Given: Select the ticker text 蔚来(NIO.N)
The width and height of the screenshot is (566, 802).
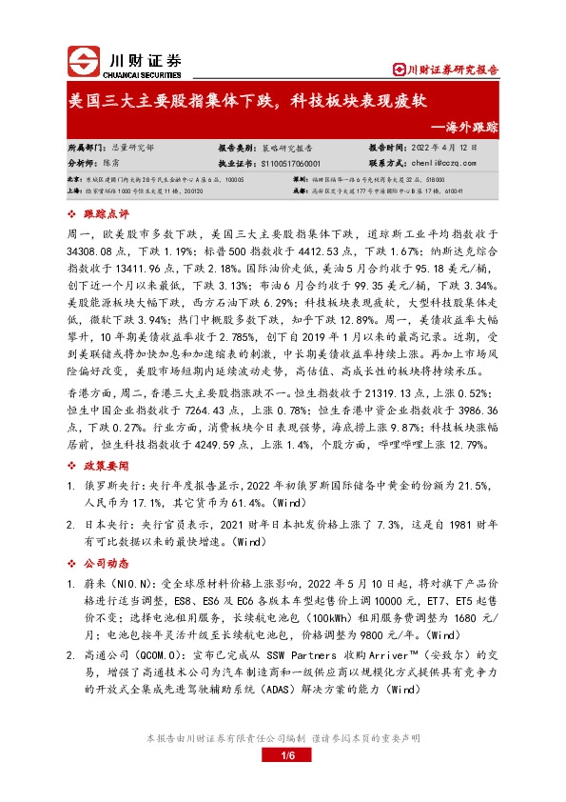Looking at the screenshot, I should (119, 581).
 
